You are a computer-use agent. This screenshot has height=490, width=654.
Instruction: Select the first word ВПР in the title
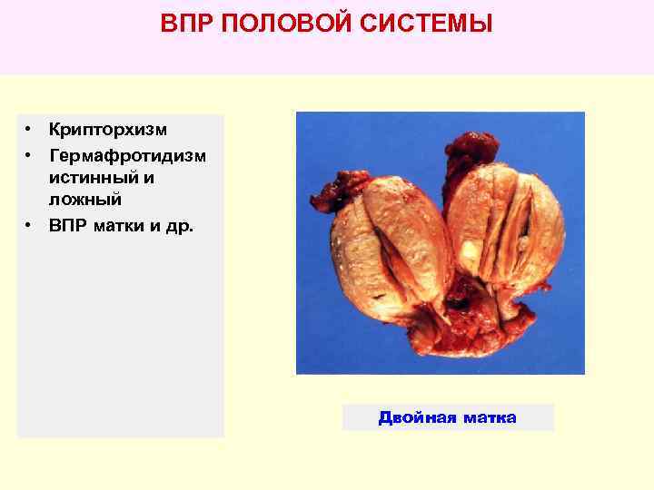[x=186, y=24]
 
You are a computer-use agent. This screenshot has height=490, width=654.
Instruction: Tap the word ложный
[x=85, y=199]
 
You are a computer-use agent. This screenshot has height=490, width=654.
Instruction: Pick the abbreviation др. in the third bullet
[x=180, y=224]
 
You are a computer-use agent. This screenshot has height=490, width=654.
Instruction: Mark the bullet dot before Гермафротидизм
[x=30, y=155]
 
